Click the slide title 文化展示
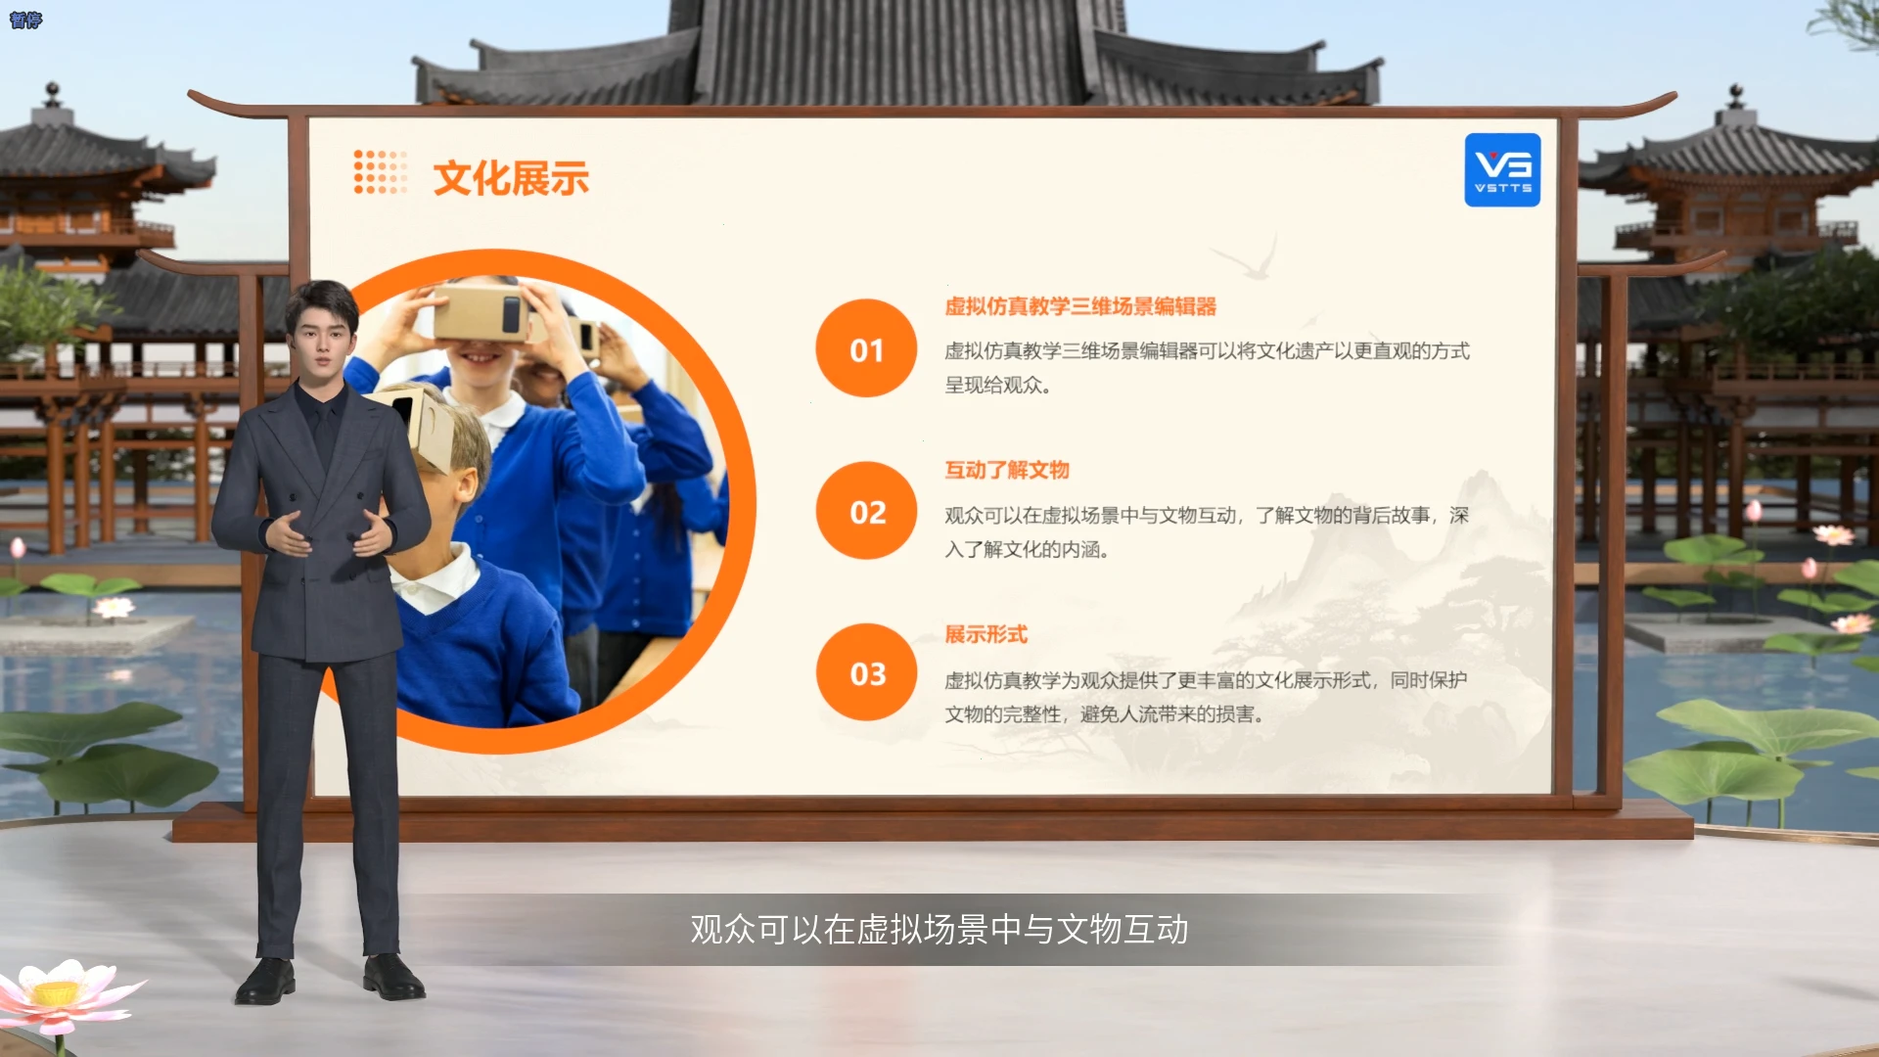(x=511, y=178)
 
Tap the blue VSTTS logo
(x=1502, y=170)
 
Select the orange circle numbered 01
(x=866, y=348)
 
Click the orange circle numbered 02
(x=866, y=511)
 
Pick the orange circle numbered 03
(x=866, y=673)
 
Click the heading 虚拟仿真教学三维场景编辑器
(x=1080, y=306)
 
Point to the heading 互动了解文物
(x=1007, y=470)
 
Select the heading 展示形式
(x=985, y=634)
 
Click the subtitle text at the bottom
(x=939, y=929)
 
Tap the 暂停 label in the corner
(x=25, y=20)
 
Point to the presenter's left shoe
(x=393, y=979)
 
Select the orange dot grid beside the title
(x=380, y=172)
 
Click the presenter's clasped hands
(x=329, y=532)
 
